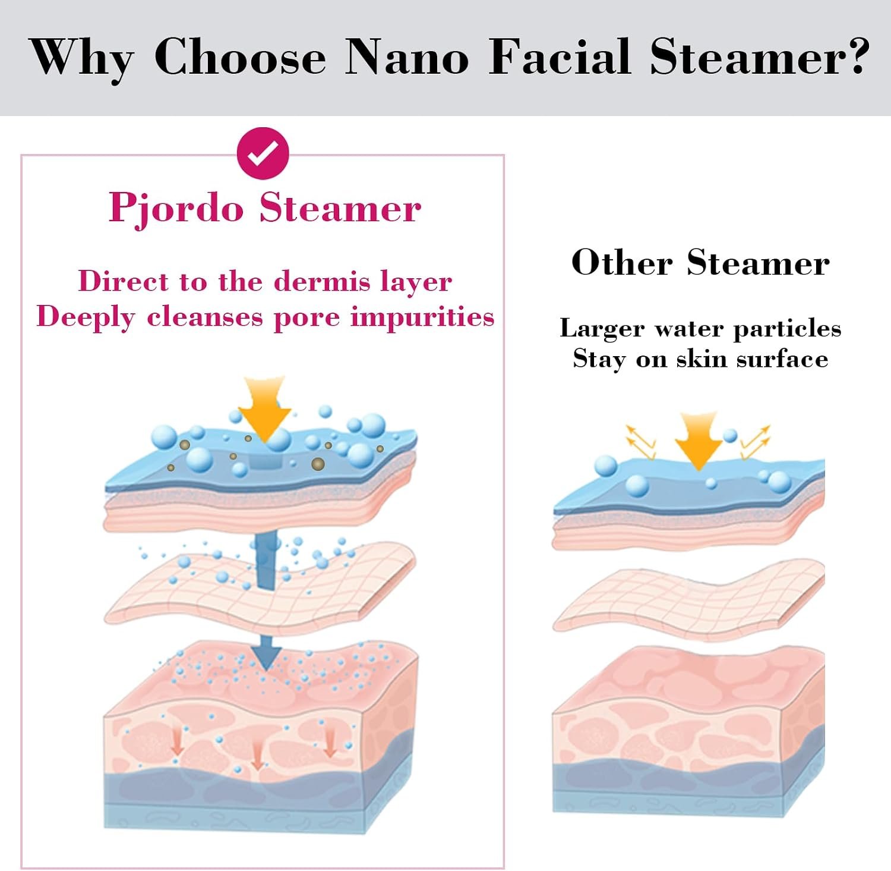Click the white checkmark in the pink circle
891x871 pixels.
tap(263, 153)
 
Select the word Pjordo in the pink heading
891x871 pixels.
tap(176, 209)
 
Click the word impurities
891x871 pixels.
tap(422, 317)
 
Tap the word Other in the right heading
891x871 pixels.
tap(622, 262)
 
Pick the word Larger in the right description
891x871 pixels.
tap(602, 329)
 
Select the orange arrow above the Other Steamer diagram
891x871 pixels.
tap(699, 441)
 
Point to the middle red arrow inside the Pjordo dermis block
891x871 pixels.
tap(257, 755)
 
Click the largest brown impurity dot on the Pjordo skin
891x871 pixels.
tap(318, 464)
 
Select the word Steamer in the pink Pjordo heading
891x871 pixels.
tap(340, 209)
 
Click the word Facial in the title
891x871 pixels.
tap(559, 57)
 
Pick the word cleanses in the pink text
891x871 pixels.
tap(205, 317)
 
